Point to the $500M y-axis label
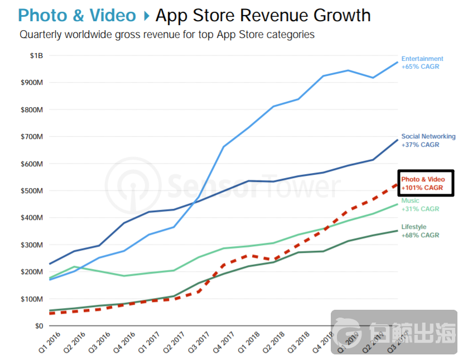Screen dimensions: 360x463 (32, 190)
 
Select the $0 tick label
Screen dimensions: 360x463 (38, 325)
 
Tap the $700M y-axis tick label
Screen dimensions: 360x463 (32, 137)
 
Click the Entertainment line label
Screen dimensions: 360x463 (422, 59)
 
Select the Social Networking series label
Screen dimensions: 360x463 (428, 136)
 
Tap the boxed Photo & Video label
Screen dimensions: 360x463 (426, 183)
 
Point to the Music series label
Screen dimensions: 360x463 (411, 201)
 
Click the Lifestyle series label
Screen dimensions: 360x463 (414, 227)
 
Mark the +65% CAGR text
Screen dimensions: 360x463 (420, 66)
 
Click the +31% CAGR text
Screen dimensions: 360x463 (420, 209)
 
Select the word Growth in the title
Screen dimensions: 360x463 (342, 15)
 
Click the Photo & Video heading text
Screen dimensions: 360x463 (77, 15)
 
